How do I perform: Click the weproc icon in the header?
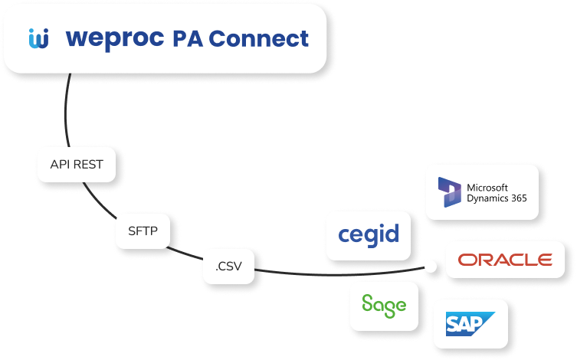[x=38, y=38]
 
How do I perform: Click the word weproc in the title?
[x=115, y=38]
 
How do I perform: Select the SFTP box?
[x=143, y=231]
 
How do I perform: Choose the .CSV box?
[x=228, y=267]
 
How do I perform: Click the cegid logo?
[x=369, y=234]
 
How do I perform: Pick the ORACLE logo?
[x=505, y=260]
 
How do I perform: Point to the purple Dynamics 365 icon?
[x=448, y=193]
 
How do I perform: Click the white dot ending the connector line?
[x=431, y=267]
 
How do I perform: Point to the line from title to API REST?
[x=67, y=115]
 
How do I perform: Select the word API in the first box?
[x=60, y=164]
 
